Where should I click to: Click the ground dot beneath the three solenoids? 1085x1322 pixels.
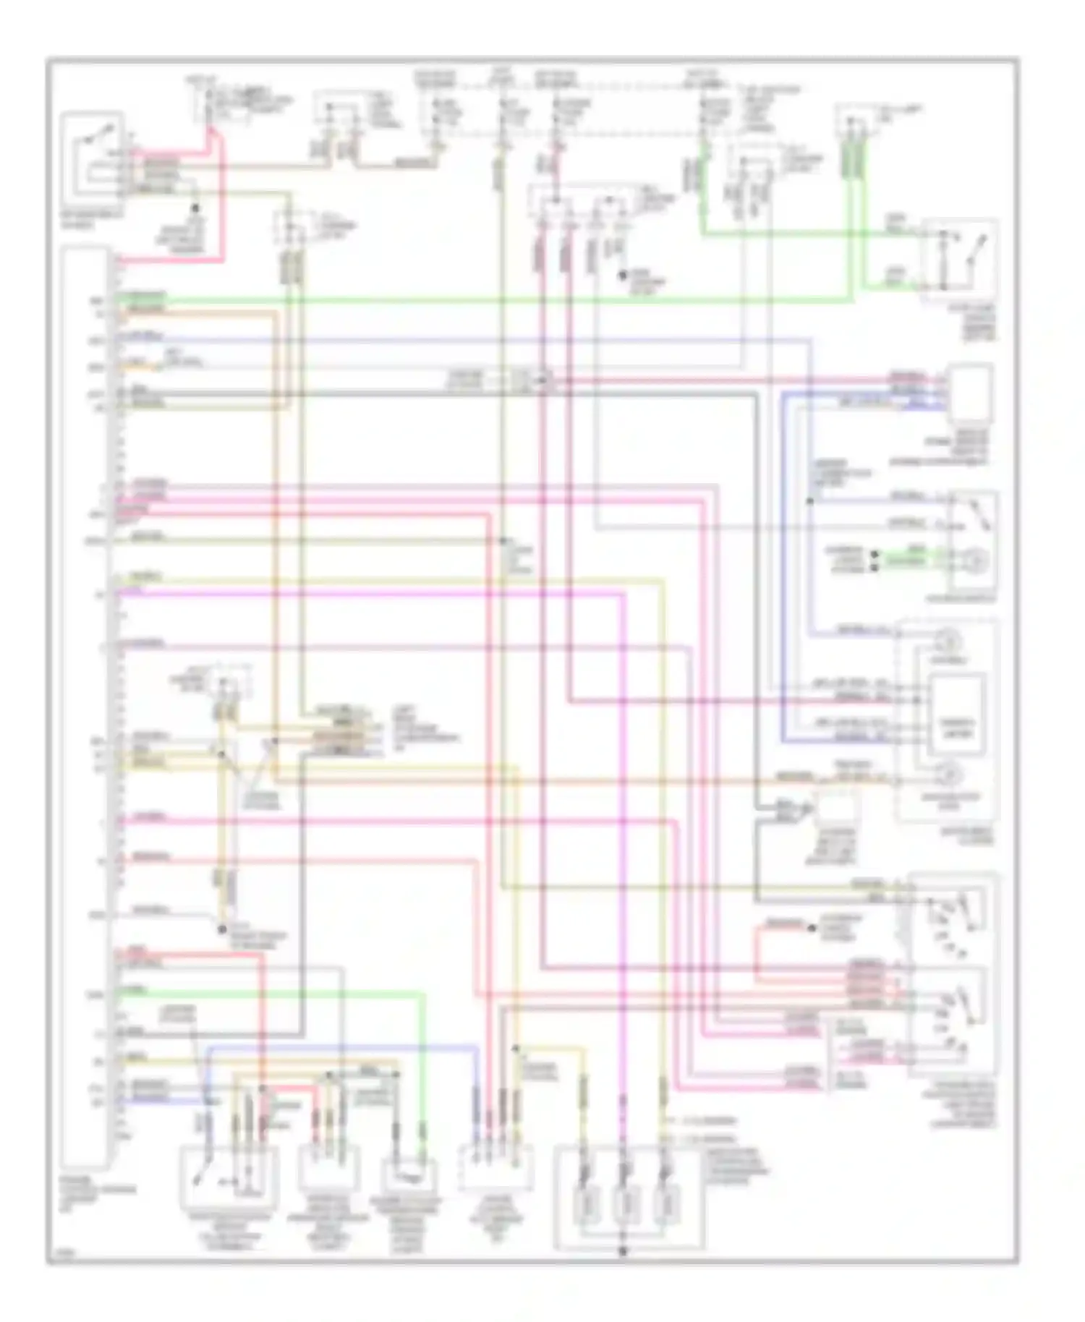click(x=622, y=1250)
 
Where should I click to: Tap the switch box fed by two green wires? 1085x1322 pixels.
click(x=958, y=253)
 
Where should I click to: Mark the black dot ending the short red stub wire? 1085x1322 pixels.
click(x=812, y=926)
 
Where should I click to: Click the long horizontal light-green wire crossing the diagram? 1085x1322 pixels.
click(x=506, y=298)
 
